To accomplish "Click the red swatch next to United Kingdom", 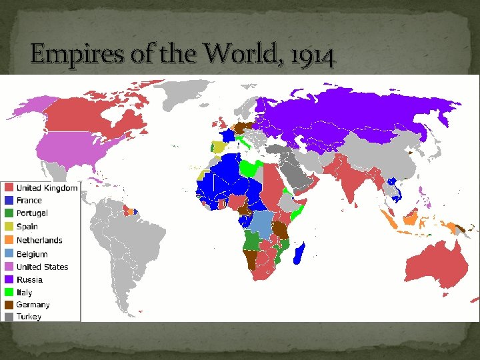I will pos(9,188).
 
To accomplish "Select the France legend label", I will pos(29,201).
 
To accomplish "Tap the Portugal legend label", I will pos(32,213).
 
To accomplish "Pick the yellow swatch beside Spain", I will pos(9,227).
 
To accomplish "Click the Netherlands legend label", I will pos(39,240).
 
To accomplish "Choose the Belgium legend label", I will pos(32,254).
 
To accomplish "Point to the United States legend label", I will pos(42,267).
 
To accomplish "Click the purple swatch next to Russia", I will pos(9,279).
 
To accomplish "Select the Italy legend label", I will pos(24,293).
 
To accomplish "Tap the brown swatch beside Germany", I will pos(9,305).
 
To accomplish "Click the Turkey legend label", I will pos(29,317).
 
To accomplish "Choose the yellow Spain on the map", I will pos(218,147).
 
